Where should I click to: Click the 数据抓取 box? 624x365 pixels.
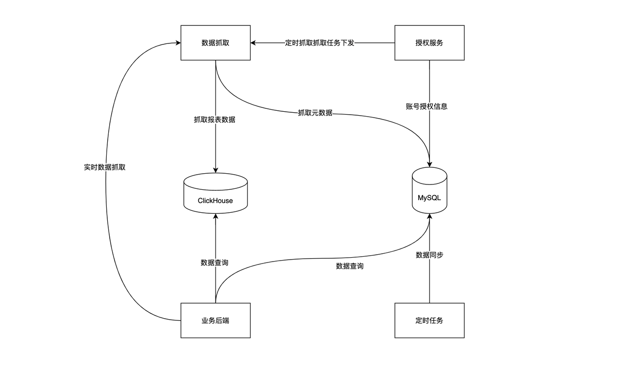[215, 42]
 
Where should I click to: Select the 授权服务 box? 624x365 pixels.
[429, 42]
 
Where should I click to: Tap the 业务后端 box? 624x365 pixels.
[215, 321]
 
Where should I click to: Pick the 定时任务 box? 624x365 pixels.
[429, 321]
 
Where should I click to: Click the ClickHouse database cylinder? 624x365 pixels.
[215, 193]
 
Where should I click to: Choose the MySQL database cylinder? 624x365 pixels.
[429, 190]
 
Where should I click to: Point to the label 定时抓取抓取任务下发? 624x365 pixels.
[319, 43]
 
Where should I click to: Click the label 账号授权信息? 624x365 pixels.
[427, 106]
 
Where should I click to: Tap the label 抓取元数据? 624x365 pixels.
[315, 113]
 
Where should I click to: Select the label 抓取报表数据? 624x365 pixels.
[214, 120]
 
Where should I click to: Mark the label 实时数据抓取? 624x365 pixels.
[105, 167]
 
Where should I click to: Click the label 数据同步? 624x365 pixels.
[429, 255]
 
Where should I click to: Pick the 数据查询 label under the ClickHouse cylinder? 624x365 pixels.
[214, 263]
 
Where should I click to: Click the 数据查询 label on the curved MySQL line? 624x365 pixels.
[350, 266]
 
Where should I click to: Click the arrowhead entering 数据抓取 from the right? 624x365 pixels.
[253, 42]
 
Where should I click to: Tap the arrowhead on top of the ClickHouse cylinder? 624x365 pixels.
[215, 170]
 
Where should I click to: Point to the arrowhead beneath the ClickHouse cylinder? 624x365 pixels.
[215, 216]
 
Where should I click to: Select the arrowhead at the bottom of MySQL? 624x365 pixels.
[429, 216]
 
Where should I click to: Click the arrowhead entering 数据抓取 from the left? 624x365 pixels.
[178, 42]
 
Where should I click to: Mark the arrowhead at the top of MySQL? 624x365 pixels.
[429, 164]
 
